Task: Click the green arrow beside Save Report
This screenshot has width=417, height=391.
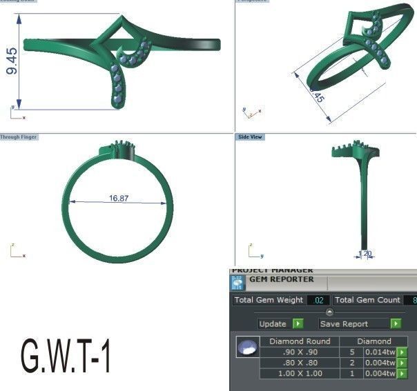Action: (396, 323)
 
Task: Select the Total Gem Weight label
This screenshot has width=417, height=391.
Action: (269, 300)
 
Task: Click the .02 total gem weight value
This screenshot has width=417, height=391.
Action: (318, 300)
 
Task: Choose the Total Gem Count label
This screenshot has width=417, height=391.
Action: (368, 300)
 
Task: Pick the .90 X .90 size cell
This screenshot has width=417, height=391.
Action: (300, 352)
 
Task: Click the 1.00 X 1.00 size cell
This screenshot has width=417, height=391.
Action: (300, 374)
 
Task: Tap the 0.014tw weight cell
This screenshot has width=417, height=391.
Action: (380, 352)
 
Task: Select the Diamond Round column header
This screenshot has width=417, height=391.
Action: (300, 341)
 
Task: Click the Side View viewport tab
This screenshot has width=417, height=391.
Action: (250, 137)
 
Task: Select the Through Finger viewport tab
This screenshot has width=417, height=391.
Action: (19, 137)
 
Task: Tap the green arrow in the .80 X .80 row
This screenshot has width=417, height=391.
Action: (402, 363)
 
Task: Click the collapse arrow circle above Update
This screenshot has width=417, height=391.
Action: (329, 312)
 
